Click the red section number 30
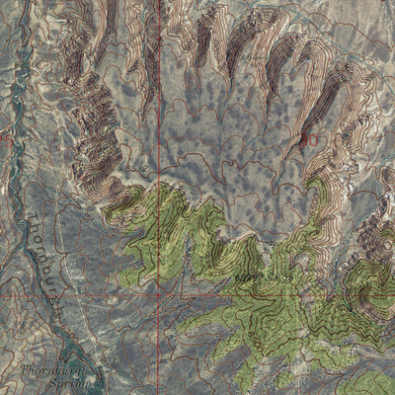pos(309,140)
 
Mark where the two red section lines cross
pos(158,292)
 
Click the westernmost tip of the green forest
pos(106,206)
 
